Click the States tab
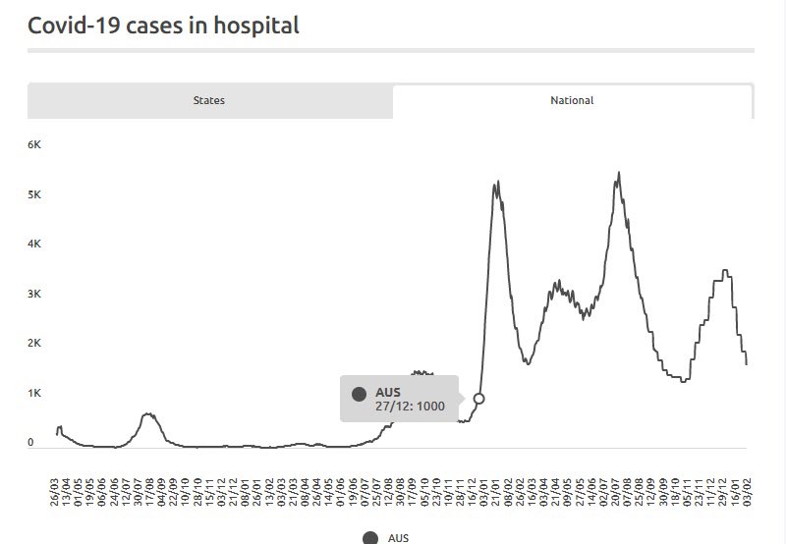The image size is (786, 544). click(209, 100)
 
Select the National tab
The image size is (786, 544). click(572, 100)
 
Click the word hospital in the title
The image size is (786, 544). click(256, 26)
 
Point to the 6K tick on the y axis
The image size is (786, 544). click(34, 144)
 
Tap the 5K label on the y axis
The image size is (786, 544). click(34, 194)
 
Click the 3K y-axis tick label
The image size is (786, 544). click(34, 294)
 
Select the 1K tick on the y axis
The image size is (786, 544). click(34, 393)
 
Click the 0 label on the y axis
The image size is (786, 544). click(31, 442)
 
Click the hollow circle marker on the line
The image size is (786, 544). click(478, 399)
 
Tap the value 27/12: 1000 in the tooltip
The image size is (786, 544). click(410, 406)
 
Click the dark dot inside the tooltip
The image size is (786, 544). click(359, 394)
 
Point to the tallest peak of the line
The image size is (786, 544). click(619, 174)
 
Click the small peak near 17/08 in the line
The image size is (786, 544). click(148, 413)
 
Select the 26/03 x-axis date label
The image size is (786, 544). click(55, 492)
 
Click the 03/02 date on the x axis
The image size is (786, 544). click(747, 492)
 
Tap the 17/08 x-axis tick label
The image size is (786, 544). click(150, 492)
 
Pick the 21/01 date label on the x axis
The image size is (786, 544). click(496, 492)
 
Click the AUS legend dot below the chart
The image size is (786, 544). click(370, 538)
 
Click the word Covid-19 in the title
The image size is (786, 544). click(74, 26)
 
